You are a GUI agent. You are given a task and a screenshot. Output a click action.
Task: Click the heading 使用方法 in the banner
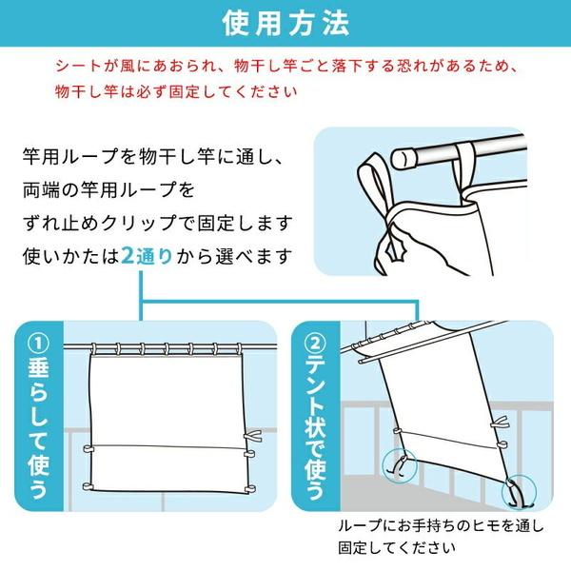coord(285,24)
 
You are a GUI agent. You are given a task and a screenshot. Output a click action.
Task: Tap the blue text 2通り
coord(147,256)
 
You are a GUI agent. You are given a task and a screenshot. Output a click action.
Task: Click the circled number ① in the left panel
coord(39,345)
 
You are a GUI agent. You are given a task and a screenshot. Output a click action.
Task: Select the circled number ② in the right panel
coord(316,345)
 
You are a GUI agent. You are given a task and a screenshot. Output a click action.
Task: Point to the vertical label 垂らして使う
coord(39,430)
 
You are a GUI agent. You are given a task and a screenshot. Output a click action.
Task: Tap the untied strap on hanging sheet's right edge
coord(252,436)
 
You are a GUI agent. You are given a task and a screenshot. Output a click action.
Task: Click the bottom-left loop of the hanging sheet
coord(88,486)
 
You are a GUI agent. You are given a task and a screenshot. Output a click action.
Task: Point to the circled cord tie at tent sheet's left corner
coord(400,466)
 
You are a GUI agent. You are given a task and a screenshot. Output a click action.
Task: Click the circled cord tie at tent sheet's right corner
coord(519,492)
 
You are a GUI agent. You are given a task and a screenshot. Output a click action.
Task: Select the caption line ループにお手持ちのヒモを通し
coord(441,526)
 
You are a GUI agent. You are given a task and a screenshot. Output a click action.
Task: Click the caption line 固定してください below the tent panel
coord(396,548)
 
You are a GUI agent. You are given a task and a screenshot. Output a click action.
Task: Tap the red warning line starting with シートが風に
coord(286,66)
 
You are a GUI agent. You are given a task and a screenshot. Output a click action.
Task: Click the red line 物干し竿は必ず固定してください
coord(176,91)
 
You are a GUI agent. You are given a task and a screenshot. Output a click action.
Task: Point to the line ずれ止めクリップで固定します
coord(157,223)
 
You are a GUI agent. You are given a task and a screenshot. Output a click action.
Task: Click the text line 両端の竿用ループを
coord(108,189)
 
